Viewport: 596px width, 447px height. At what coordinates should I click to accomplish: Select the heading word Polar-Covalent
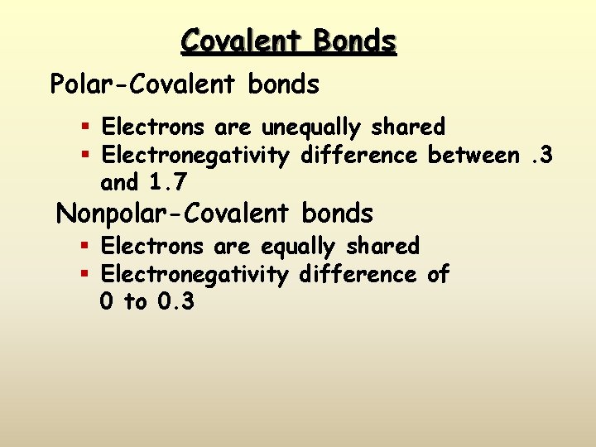[x=142, y=84]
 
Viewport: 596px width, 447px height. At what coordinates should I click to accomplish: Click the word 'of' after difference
[x=438, y=274]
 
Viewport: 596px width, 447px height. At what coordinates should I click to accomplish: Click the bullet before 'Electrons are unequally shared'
[x=85, y=127]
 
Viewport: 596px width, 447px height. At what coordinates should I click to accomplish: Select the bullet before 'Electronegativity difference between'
[x=85, y=156]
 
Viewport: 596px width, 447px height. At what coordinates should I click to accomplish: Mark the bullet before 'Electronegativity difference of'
[x=85, y=274]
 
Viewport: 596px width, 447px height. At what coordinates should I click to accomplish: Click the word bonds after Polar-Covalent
[x=282, y=84]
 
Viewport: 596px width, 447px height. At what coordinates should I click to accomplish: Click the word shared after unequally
[x=408, y=127]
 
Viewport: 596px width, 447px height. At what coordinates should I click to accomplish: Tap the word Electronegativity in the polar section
[x=195, y=156]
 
